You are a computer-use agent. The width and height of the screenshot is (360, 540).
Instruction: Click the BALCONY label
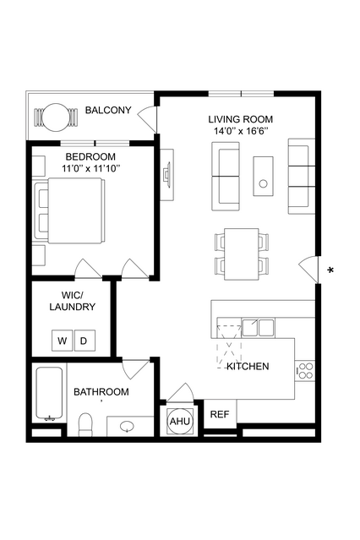(108, 110)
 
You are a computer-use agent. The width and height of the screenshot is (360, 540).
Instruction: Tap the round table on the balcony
(56, 117)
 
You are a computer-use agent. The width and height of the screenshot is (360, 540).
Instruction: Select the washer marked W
(62, 341)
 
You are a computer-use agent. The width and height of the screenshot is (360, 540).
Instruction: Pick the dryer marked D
(85, 341)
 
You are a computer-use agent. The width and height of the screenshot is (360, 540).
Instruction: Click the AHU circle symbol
(180, 421)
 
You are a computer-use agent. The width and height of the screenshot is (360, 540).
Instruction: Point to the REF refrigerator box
(220, 414)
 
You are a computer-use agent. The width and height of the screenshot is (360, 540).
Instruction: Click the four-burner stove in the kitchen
(305, 370)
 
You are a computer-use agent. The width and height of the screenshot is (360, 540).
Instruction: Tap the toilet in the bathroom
(85, 425)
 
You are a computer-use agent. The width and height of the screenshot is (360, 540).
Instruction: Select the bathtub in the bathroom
(49, 395)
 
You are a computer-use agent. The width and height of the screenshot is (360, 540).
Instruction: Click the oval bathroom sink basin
(128, 427)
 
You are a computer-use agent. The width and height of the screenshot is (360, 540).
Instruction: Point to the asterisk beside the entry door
(330, 270)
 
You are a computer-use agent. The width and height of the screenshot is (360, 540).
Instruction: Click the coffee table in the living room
(264, 177)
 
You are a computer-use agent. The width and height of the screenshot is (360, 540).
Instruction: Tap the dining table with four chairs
(242, 254)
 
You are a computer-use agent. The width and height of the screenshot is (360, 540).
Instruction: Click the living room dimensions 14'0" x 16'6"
(241, 131)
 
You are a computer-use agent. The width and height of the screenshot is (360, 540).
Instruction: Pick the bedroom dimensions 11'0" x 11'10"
(91, 169)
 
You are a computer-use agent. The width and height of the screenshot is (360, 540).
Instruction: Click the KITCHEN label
(248, 367)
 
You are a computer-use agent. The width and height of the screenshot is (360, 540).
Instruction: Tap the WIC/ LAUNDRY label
(73, 301)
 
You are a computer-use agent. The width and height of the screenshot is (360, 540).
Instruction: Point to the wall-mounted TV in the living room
(167, 174)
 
